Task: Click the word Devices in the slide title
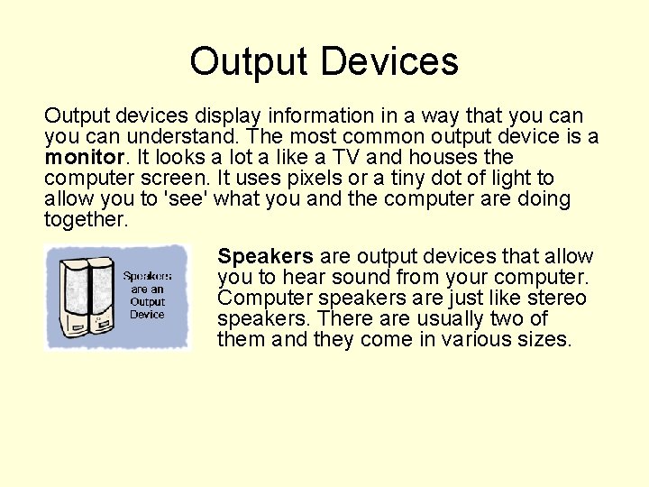pos(388,61)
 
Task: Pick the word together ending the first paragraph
pos(86,219)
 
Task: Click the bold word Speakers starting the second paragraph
pos(266,257)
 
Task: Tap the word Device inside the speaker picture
pos(147,315)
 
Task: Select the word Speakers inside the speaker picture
pos(147,276)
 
